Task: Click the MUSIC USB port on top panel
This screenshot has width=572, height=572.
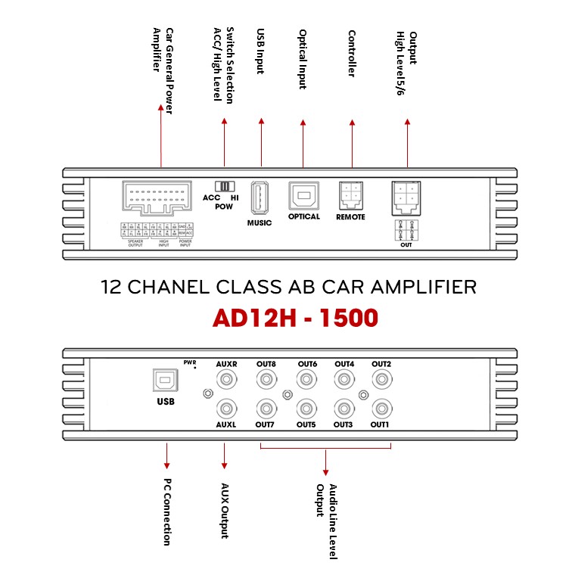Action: coord(259,199)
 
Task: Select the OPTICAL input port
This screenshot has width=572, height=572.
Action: coord(303,196)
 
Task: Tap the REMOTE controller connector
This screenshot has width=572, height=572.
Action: coord(351,195)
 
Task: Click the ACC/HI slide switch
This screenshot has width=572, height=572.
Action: coord(225,185)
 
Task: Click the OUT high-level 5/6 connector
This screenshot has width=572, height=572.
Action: coord(406,199)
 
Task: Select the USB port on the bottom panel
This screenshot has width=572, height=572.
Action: coord(164,380)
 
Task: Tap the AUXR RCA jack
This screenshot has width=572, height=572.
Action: coord(225,381)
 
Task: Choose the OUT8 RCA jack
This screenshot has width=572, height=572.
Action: coord(266,381)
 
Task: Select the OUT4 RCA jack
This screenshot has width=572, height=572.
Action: coord(344,381)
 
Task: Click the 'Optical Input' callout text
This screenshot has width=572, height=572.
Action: coord(303,59)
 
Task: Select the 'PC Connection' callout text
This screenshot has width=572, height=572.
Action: coord(167,511)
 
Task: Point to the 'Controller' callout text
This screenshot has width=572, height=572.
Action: coord(352,53)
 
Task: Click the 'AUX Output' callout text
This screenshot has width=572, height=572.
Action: coord(225,511)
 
